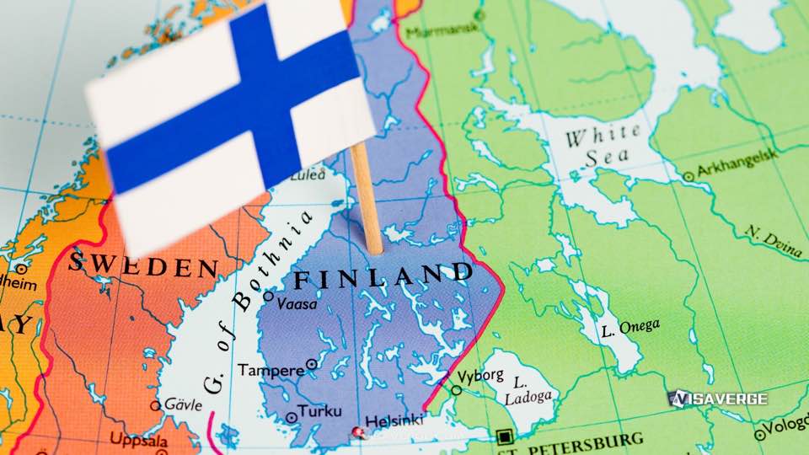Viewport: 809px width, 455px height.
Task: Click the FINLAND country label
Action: [382, 275]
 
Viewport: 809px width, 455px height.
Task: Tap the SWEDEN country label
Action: [143, 265]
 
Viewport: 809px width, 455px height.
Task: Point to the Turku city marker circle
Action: [292, 416]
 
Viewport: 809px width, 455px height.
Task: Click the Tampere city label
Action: [271, 370]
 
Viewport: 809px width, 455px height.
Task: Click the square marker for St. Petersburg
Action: [504, 436]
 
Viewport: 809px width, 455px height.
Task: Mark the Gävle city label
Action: [182, 404]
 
